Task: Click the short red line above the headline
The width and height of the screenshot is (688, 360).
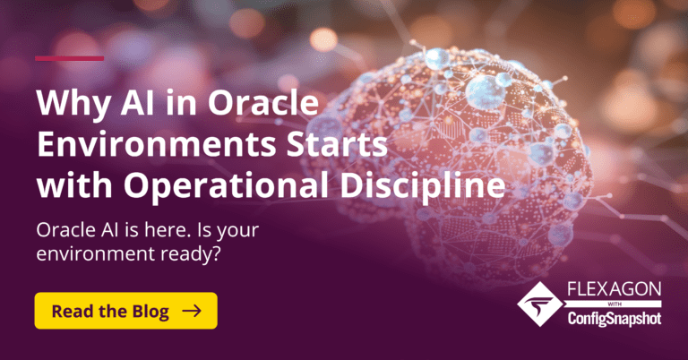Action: tap(70, 58)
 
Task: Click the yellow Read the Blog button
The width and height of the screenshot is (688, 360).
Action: tap(125, 311)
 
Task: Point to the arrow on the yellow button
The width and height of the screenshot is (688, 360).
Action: tap(191, 311)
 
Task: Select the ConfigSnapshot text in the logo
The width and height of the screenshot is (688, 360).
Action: tap(614, 319)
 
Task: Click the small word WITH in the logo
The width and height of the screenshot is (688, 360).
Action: tap(614, 304)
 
